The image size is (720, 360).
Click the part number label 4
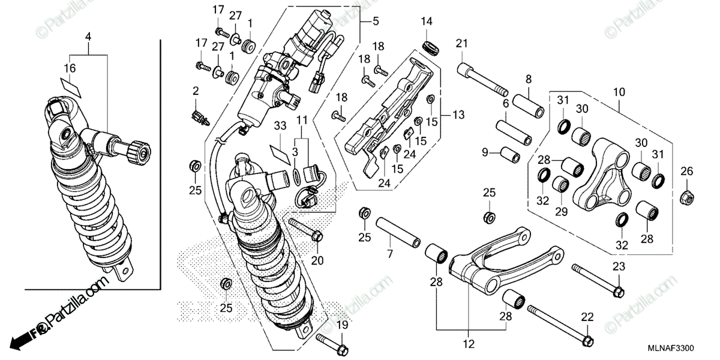[88, 37]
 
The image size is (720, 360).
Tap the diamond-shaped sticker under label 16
[71, 85]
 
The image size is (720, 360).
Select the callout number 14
[426, 22]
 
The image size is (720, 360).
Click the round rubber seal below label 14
[430, 46]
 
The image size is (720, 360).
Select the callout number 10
[619, 92]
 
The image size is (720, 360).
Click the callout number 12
[469, 344]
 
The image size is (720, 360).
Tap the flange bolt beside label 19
[331, 345]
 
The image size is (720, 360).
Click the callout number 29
[561, 212]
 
